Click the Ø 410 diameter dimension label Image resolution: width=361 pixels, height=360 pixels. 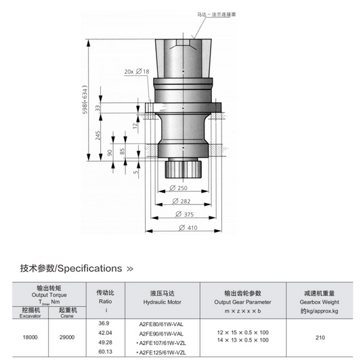(x=188, y=228)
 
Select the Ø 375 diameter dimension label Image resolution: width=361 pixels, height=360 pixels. (x=185, y=215)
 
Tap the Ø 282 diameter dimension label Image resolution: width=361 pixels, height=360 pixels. (x=182, y=201)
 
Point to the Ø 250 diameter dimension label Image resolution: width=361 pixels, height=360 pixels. (x=178, y=188)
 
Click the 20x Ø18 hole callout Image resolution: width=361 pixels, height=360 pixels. (x=137, y=72)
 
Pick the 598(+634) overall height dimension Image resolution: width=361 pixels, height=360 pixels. (x=85, y=99)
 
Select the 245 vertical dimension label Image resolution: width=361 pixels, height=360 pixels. (x=98, y=136)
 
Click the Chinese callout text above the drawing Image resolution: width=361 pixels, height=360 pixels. (x=217, y=14)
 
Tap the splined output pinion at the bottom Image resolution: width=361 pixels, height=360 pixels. (x=184, y=170)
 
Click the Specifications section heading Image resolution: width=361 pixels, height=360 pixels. (x=77, y=269)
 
